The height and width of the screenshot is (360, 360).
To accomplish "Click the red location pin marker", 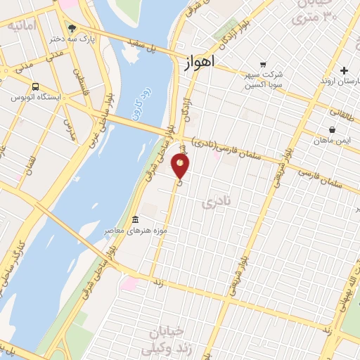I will [x=181, y=166].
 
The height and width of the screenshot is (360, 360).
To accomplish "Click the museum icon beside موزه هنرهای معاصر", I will [x=134, y=219].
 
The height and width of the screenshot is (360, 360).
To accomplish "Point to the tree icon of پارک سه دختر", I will [x=72, y=29].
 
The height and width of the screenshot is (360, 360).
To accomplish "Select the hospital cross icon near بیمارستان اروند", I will [x=344, y=70].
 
